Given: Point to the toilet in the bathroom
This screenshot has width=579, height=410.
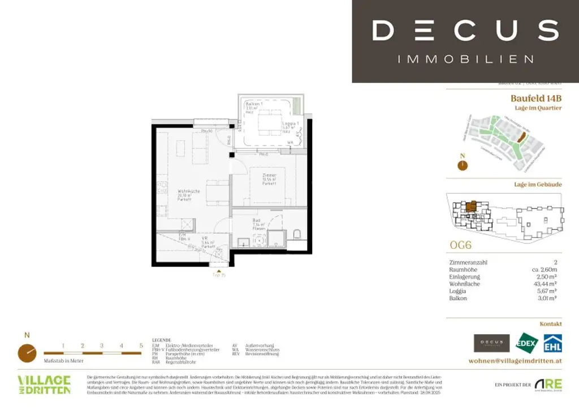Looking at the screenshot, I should pyautogui.click(x=297, y=234).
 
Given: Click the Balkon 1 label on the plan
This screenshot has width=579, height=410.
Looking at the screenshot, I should pyautogui.click(x=252, y=105).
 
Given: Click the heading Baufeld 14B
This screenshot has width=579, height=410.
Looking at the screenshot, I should pyautogui.click(x=536, y=98).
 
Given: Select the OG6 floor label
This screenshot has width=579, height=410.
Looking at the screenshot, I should pyautogui.click(x=460, y=245).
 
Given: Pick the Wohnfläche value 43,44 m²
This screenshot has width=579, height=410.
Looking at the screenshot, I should pyautogui.click(x=547, y=284).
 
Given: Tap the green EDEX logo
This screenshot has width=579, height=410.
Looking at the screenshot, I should pyautogui.click(x=527, y=343).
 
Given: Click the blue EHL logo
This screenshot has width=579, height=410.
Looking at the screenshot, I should pyautogui.click(x=552, y=343).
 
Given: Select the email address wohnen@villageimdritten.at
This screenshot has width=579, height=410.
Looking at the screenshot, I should pyautogui.click(x=515, y=361).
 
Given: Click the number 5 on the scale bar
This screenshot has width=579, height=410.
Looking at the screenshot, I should pyautogui.click(x=141, y=345).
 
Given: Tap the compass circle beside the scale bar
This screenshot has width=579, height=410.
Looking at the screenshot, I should pyautogui.click(x=27, y=353).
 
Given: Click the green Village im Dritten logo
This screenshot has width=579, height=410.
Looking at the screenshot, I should pyautogui.click(x=44, y=385).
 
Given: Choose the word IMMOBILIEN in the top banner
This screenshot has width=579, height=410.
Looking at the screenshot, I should pyautogui.click(x=465, y=59).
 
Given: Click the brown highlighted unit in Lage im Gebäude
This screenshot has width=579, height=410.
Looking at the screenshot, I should pyautogui.click(x=470, y=207).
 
